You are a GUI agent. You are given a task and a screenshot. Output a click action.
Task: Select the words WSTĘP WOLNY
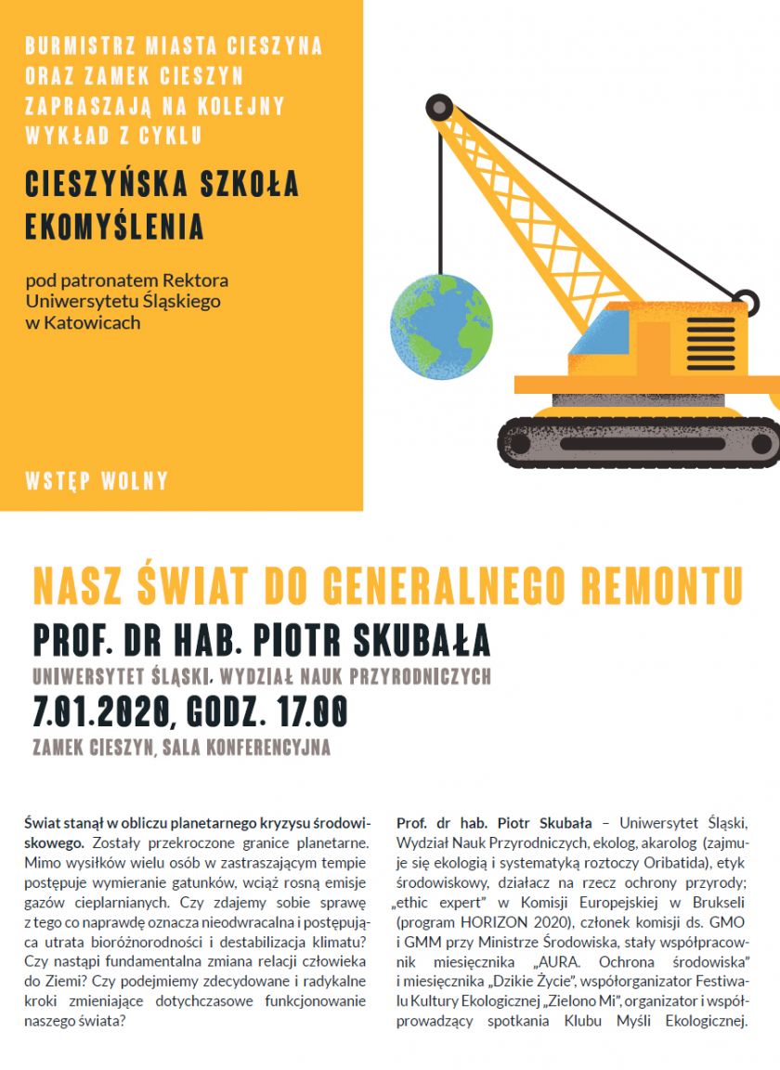click(97, 481)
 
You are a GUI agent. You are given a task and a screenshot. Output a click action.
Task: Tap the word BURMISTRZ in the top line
click(71, 45)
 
